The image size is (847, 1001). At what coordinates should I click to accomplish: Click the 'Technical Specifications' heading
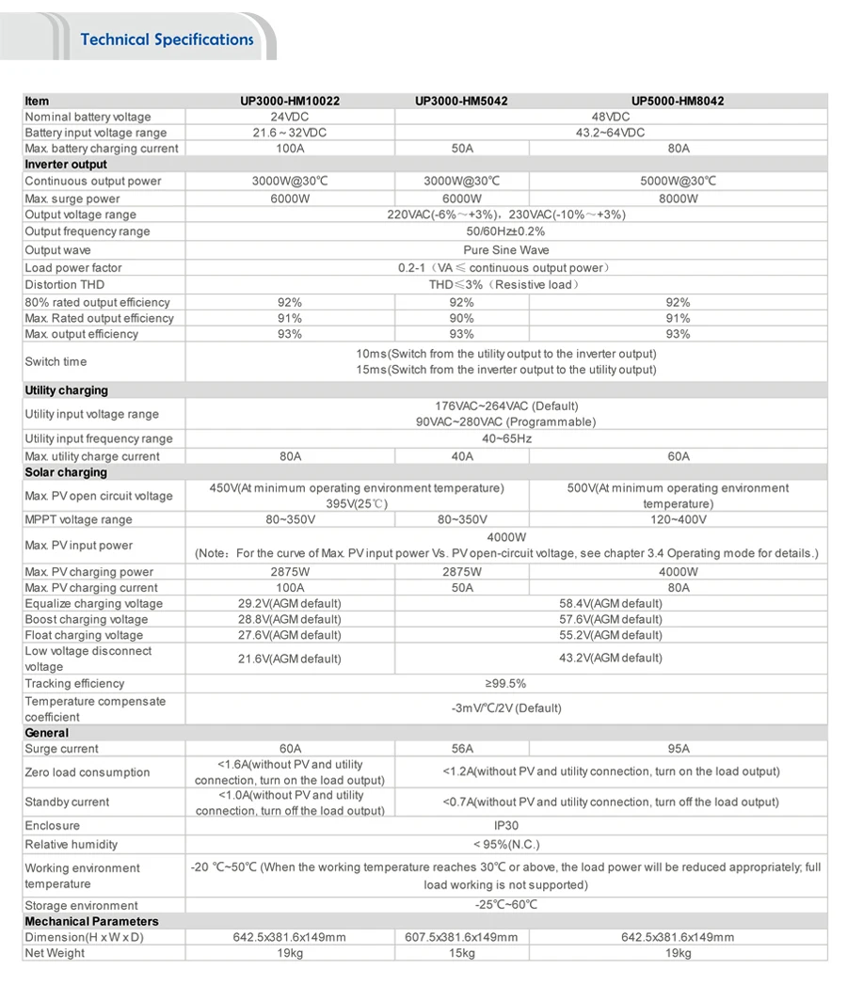167,40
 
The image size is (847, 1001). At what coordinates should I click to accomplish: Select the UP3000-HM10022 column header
290,101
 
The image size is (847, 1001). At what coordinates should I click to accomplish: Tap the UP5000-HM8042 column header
678,101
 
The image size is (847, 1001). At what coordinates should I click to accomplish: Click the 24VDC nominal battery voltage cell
290,117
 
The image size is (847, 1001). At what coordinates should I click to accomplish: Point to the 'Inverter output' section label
66,165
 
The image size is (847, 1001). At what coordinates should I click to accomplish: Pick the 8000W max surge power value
678,199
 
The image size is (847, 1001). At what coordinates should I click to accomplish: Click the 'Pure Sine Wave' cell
506,250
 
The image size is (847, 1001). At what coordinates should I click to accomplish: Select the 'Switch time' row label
56,361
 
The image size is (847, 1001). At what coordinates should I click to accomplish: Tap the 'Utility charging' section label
66,390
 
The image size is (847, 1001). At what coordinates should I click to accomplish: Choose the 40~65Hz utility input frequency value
506,438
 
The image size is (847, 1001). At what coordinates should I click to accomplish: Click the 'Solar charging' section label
66,472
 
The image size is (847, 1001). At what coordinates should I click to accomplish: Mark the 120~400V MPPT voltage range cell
678,519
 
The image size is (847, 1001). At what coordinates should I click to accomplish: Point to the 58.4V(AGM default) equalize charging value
610,603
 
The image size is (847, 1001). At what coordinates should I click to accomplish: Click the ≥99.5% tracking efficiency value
505,684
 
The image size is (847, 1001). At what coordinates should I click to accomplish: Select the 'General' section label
47,733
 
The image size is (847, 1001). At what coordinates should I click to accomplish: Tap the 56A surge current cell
461,749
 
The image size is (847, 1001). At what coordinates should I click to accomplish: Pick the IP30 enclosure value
506,825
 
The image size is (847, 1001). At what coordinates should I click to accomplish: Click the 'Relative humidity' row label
72,845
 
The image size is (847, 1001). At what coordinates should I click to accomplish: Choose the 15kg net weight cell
461,953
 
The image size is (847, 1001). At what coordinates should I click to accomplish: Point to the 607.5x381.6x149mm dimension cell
461,937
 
